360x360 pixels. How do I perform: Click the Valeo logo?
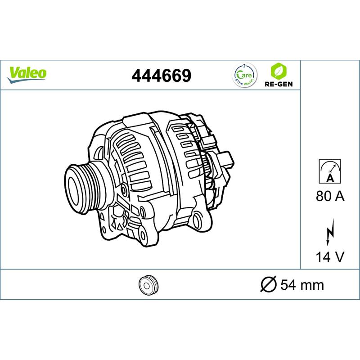27,75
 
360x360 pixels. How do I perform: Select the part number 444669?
161,76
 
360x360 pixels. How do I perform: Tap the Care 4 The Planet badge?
244,75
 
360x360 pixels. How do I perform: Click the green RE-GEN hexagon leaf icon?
279,71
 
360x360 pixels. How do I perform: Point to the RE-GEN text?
279,84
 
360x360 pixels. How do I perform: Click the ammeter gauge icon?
330,171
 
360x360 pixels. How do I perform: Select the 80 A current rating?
330,196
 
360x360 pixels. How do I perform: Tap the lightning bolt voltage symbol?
330,232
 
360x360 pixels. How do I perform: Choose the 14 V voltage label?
330,257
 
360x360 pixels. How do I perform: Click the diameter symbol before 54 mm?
269,285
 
